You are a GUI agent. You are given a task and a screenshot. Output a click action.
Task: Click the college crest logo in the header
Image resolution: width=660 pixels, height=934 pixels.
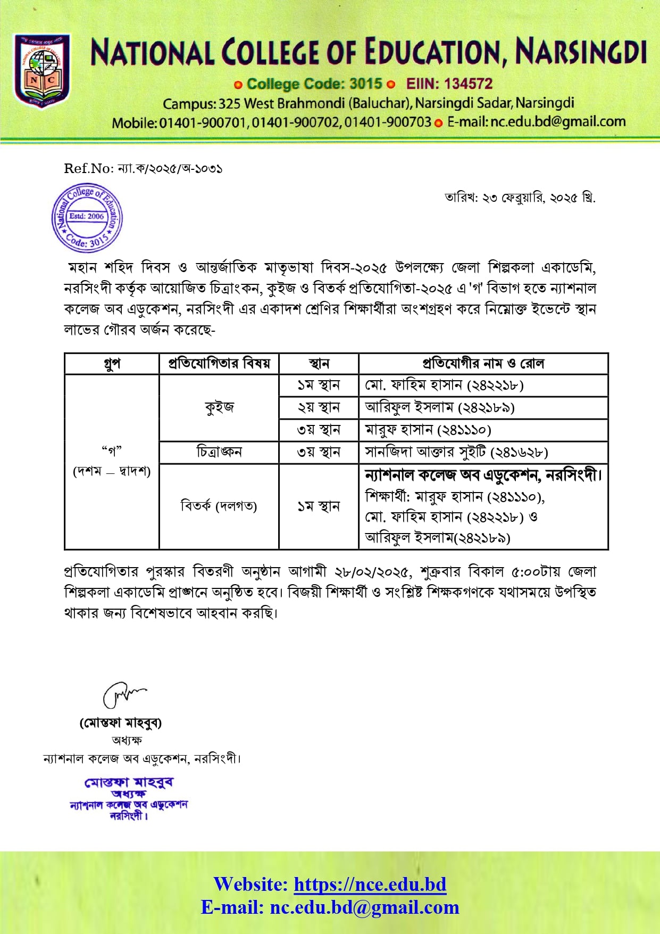click(x=42, y=72)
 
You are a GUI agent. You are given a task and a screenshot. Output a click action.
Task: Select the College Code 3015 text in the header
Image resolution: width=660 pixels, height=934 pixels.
click(x=314, y=84)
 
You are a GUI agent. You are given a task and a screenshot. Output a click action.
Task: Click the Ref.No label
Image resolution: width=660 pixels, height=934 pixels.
click(x=88, y=169)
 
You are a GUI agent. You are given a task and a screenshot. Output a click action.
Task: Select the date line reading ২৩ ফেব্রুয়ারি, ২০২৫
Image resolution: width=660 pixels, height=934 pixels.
click(x=520, y=198)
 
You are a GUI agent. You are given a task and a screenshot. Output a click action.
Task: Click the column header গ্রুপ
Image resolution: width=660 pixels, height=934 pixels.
click(x=112, y=364)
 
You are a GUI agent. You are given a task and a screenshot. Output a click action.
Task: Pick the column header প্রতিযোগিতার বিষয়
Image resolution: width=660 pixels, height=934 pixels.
click(x=219, y=364)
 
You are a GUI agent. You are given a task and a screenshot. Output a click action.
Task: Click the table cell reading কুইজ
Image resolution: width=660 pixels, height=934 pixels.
click(x=219, y=407)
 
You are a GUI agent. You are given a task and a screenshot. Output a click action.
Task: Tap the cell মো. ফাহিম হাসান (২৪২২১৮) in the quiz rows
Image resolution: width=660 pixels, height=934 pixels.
click(x=444, y=385)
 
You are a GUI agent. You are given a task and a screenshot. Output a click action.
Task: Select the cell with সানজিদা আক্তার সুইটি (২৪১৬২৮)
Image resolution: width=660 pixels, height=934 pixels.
click(x=456, y=452)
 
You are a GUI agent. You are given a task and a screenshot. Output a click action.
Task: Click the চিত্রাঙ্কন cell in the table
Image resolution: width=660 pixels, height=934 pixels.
click(x=219, y=452)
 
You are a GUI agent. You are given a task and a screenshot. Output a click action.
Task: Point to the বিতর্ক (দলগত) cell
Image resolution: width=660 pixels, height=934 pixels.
click(x=219, y=506)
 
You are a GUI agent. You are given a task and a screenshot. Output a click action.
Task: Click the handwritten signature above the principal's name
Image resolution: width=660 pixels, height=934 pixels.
click(x=123, y=694)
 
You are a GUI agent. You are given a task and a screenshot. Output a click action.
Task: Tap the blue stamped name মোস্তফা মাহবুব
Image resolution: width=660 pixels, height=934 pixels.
click(x=129, y=783)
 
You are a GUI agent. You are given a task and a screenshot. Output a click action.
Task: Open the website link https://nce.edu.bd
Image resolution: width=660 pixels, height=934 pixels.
click(x=370, y=884)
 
